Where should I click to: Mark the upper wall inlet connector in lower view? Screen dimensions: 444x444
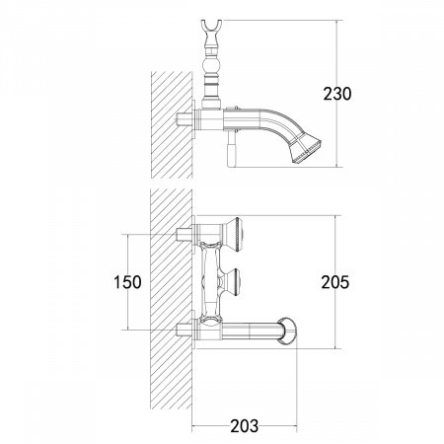click(x=183, y=234)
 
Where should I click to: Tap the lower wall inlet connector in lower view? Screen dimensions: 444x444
click(x=183, y=328)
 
